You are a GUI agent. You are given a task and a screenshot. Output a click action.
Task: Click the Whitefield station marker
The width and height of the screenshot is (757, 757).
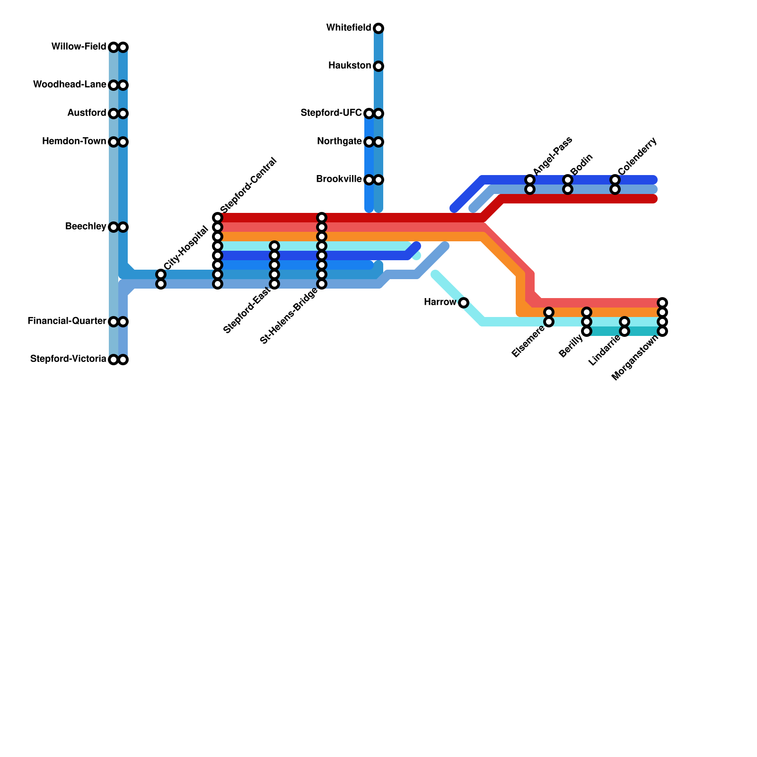[x=378, y=28]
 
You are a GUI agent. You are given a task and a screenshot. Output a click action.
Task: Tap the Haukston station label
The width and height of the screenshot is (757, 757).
[x=350, y=66]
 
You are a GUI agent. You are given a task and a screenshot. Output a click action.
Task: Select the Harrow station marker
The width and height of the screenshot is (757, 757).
[x=464, y=303]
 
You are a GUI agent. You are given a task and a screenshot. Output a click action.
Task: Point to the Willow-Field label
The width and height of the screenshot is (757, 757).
[x=79, y=47]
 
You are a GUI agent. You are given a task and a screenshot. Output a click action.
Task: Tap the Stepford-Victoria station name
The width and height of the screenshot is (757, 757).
[x=68, y=359]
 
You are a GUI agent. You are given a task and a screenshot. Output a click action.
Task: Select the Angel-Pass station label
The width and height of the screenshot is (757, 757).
[x=553, y=156]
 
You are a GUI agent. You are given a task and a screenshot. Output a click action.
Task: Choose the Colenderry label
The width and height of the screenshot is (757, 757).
[x=637, y=156]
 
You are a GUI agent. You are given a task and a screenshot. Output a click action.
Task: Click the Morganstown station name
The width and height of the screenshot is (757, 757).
[x=635, y=358]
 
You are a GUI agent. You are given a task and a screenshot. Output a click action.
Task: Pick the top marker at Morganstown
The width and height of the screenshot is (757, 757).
[x=662, y=303]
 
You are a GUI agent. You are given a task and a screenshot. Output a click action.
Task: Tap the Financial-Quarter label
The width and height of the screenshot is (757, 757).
[x=67, y=321]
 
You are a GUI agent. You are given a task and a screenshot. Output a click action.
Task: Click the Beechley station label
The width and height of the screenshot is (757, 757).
[x=86, y=227]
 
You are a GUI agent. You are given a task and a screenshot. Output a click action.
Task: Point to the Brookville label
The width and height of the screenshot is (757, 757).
[x=339, y=179]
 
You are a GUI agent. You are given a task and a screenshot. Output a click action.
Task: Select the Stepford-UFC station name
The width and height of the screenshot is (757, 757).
[x=331, y=113]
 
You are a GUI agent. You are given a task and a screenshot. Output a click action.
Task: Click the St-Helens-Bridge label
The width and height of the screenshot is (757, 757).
[x=289, y=316]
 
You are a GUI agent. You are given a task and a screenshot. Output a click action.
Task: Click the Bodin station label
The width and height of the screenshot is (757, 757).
[x=581, y=164]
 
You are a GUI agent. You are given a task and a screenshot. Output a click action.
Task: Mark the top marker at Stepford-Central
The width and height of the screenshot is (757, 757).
[x=218, y=218]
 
